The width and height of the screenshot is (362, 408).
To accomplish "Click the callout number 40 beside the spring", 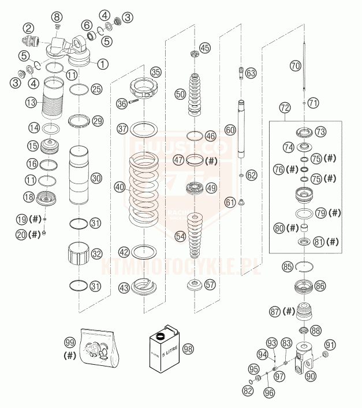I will click(120, 187).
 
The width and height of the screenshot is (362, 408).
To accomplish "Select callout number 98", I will click(188, 349).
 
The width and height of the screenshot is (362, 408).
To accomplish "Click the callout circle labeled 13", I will click(31, 102).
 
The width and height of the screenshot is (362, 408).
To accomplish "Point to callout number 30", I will click(96, 179).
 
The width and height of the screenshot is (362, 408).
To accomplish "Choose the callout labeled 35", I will click(156, 72).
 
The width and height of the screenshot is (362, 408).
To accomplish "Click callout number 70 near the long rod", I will click(296, 66).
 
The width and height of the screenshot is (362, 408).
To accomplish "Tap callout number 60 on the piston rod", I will click(230, 130).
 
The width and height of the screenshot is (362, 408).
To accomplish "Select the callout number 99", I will click(70, 342).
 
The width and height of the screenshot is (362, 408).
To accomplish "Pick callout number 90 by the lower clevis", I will click(311, 376).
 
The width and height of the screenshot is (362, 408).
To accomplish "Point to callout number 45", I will click(206, 47).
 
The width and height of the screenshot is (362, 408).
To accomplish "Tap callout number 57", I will click(210, 285).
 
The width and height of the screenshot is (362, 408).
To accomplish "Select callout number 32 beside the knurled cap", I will click(96, 253).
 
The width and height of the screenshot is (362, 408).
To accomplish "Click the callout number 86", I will click(320, 285).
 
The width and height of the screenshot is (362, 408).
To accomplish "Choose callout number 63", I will click(250, 73).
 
